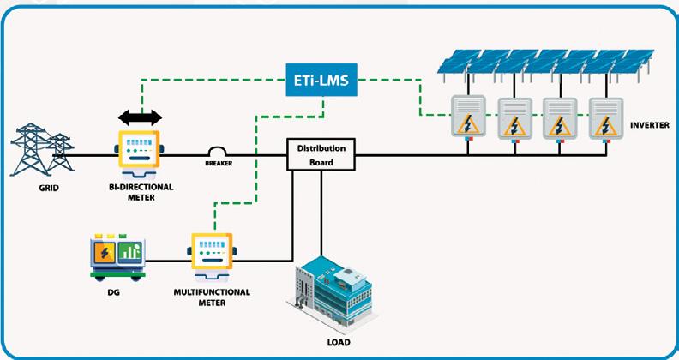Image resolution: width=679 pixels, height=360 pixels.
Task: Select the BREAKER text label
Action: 220,162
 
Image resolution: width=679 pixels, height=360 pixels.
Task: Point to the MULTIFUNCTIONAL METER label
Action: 212,297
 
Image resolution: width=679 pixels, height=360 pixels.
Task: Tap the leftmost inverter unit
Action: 469,117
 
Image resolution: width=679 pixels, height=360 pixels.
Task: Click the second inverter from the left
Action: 515,118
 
